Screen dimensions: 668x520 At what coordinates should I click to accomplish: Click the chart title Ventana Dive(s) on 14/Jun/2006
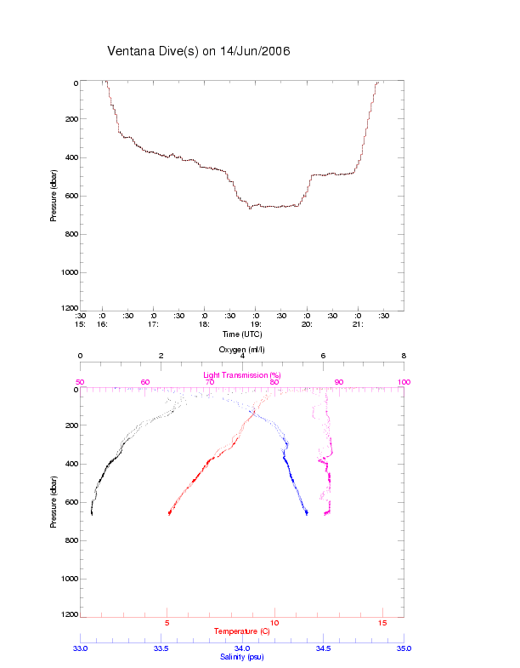[199, 51]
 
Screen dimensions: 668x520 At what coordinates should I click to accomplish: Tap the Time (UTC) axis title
[242, 334]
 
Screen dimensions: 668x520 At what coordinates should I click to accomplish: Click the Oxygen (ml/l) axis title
[242, 349]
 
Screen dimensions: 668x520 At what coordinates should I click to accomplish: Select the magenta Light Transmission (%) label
[242, 375]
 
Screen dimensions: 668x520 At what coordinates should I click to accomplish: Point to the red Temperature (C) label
[242, 631]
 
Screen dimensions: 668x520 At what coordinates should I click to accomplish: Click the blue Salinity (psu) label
[242, 657]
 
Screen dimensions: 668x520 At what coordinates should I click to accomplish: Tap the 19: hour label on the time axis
[255, 324]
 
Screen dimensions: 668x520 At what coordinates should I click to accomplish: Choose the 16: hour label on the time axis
[102, 324]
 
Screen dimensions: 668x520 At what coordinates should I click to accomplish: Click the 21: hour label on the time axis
[358, 324]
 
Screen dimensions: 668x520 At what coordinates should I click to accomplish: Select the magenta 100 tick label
[404, 382]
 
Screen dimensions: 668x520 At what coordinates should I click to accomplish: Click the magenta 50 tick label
[80, 382]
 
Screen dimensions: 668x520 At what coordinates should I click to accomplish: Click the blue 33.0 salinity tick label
[80, 648]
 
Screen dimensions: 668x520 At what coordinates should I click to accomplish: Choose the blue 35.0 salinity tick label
[404, 648]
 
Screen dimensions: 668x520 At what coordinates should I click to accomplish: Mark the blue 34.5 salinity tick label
[323, 648]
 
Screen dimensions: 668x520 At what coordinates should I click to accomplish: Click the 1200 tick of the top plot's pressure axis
[69, 308]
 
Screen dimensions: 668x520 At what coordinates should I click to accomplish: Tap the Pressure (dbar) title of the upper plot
[54, 196]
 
